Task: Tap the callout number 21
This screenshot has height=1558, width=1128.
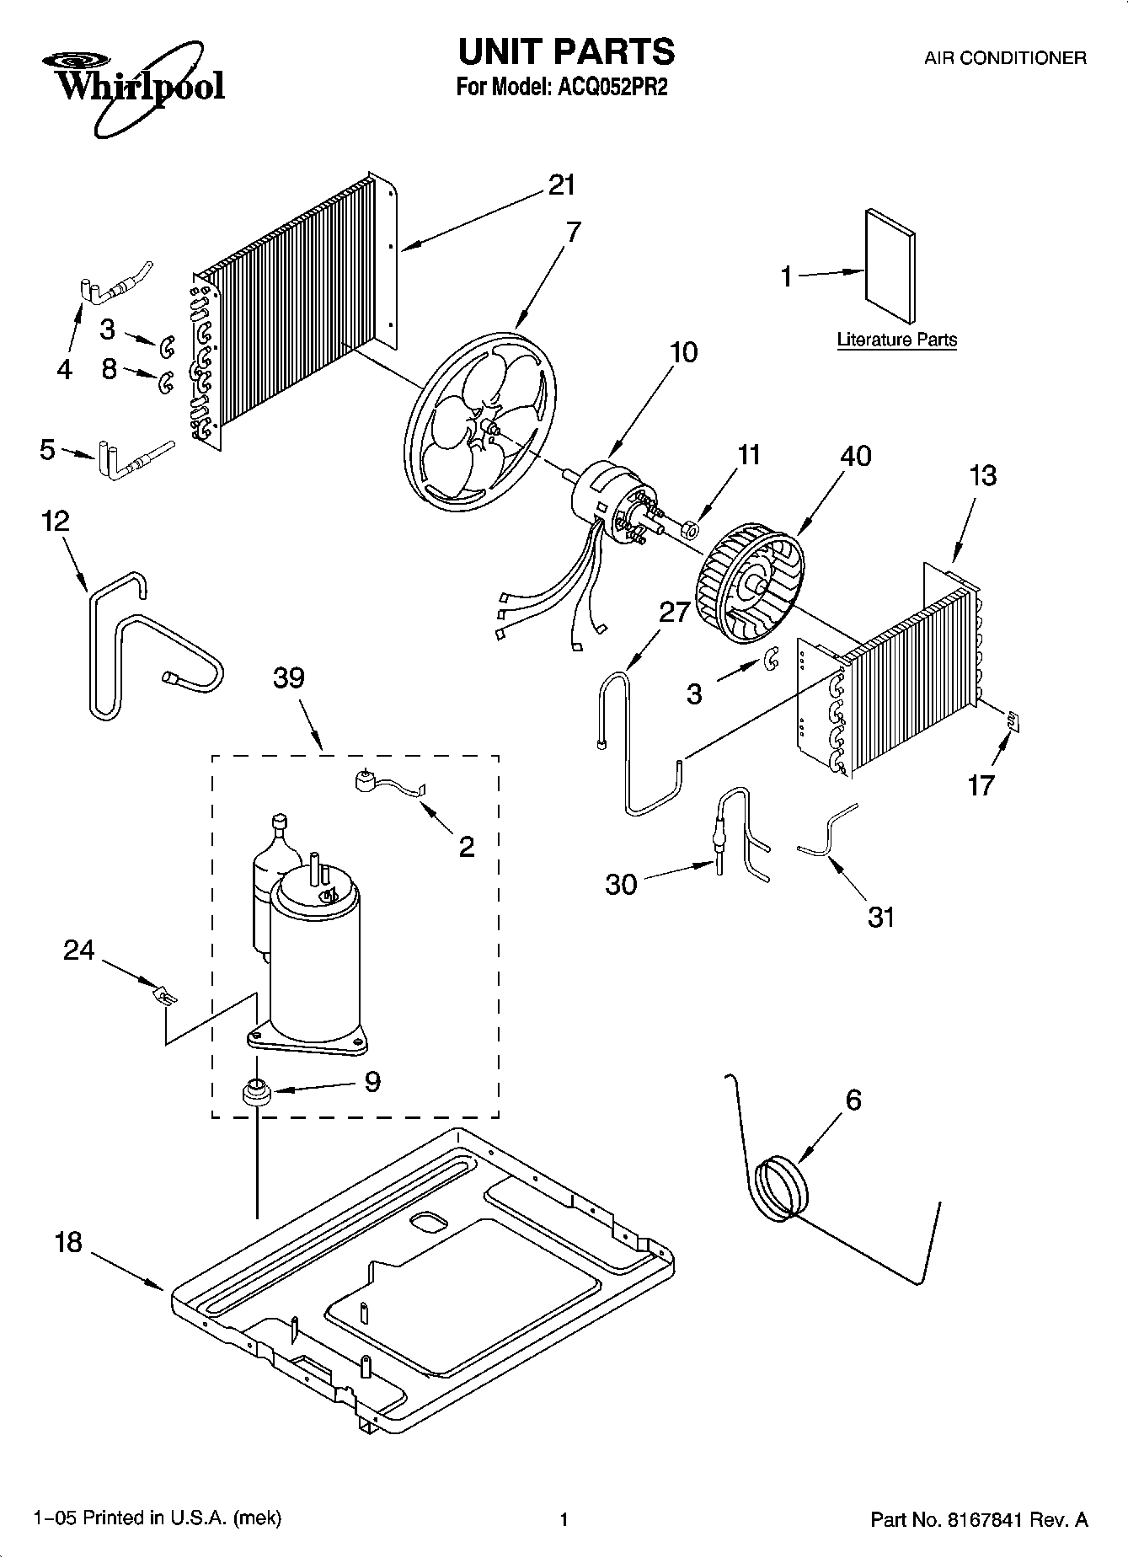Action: (x=561, y=185)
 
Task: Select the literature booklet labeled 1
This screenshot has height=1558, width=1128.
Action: (x=890, y=265)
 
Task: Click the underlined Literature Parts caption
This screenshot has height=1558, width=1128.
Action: (x=896, y=340)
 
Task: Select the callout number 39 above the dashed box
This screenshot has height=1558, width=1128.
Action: (x=288, y=678)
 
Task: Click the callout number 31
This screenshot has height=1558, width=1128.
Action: (x=880, y=917)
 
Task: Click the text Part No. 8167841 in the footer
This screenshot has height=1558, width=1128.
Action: (x=978, y=1519)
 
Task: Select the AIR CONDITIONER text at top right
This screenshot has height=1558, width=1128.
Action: (x=1004, y=58)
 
